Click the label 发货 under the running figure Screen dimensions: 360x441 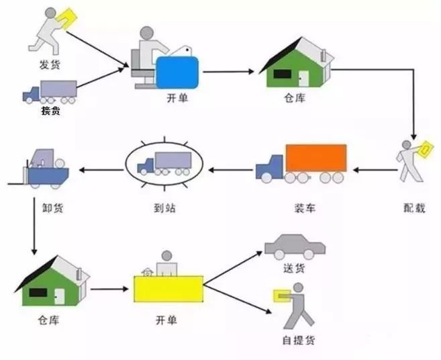click(x=48, y=65)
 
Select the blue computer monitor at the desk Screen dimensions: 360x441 click(x=177, y=72)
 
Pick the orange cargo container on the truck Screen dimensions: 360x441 click(x=315, y=158)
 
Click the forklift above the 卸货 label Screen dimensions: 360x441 click(x=42, y=167)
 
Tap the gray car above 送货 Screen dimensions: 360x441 click(x=295, y=246)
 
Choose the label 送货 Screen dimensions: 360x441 click(x=294, y=269)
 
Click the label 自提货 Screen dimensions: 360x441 click(x=297, y=340)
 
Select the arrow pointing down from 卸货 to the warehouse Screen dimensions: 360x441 click(x=34, y=232)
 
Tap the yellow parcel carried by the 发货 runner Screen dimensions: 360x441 click(x=66, y=17)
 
